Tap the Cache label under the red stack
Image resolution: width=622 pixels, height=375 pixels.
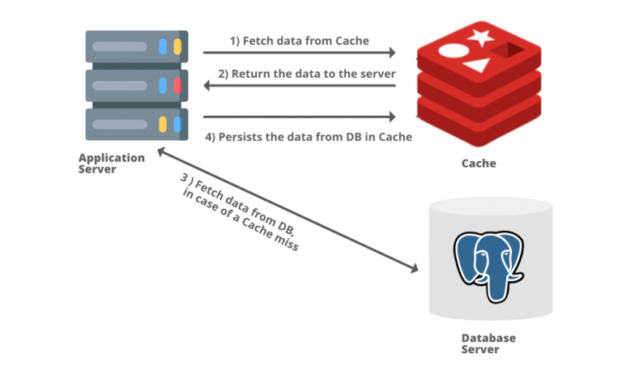[479, 163]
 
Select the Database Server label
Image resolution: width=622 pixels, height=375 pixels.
[488, 343]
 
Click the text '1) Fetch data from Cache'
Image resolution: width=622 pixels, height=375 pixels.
[299, 40]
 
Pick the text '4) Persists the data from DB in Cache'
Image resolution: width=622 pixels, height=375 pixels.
[309, 137]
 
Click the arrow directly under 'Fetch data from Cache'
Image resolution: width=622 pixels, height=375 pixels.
[299, 53]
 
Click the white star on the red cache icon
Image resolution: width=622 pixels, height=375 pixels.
[480, 36]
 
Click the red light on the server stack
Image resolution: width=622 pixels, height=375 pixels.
[177, 85]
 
